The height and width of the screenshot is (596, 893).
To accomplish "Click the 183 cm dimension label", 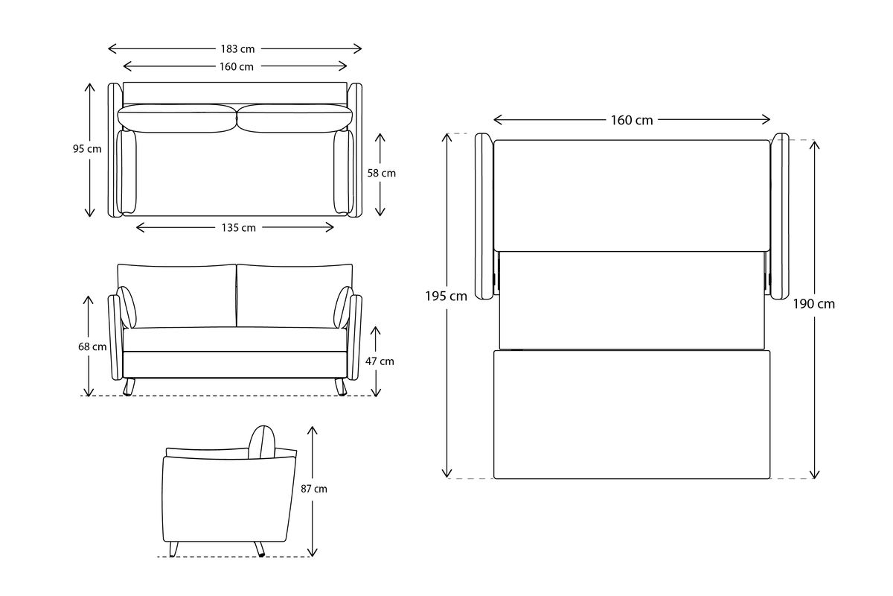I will [x=237, y=49].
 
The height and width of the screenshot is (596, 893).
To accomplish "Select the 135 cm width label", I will [x=237, y=228].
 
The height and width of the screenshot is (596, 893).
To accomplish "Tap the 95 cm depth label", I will [x=87, y=149].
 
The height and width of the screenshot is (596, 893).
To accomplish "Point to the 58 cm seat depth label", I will [x=382, y=173].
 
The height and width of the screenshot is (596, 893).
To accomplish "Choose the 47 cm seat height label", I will [x=380, y=361].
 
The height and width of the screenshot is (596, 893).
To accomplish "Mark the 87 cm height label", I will [x=314, y=489].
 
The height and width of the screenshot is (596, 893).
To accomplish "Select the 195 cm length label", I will [x=446, y=296].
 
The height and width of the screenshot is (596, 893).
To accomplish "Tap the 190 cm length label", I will [x=814, y=304].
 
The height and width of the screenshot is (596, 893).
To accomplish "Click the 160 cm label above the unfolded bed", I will [x=632, y=120].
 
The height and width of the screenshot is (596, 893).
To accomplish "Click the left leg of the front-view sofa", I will [x=130, y=387].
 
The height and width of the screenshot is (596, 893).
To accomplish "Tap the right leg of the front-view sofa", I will [x=341, y=387].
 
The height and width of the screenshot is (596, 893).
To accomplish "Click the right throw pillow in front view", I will [x=343, y=307].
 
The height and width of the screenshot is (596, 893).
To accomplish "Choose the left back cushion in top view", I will [x=177, y=118].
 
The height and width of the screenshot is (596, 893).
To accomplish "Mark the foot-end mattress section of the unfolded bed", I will [x=632, y=414].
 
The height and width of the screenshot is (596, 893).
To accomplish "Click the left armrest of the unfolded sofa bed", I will [x=484, y=216].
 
